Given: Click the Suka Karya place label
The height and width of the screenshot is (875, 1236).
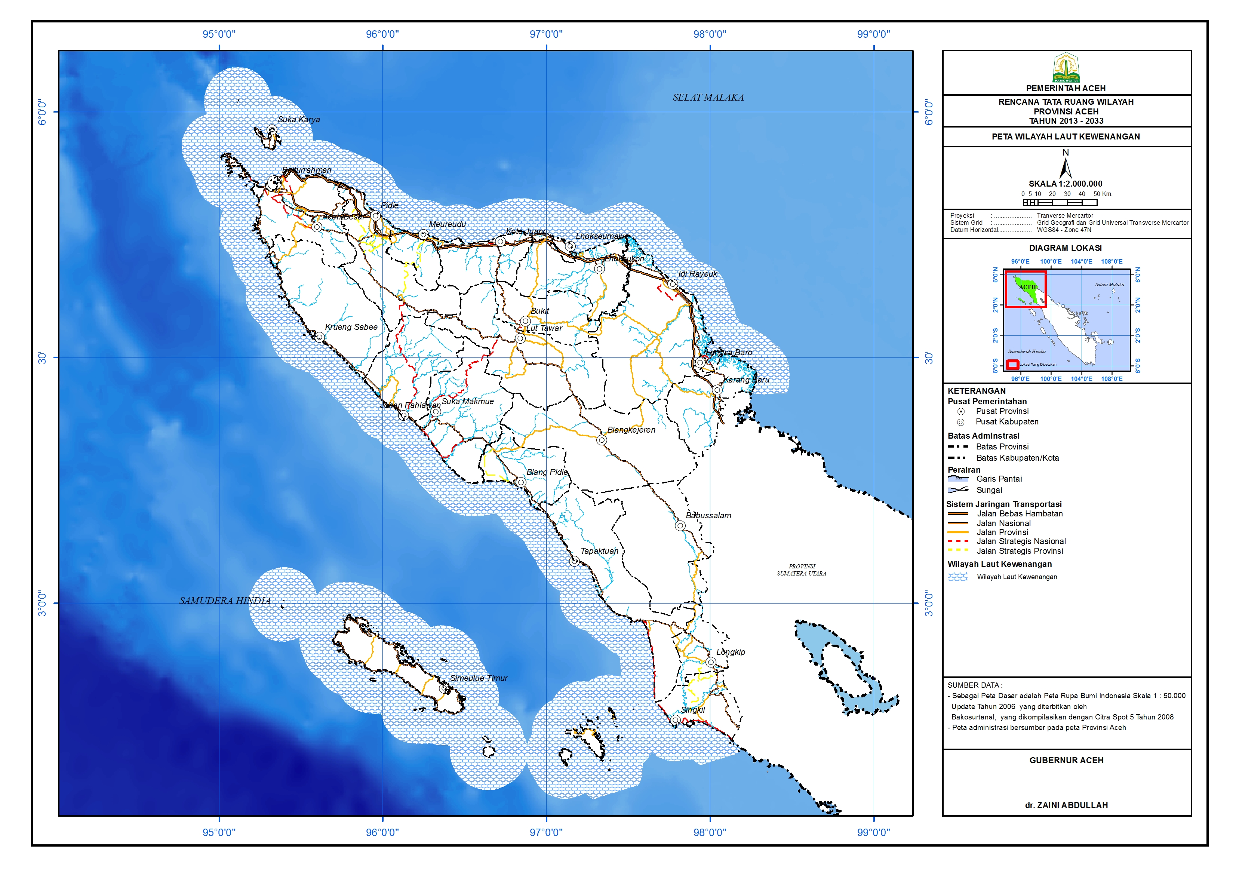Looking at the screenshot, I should tap(298, 120).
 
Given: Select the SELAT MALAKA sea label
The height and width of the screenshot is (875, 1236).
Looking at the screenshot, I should tap(708, 98).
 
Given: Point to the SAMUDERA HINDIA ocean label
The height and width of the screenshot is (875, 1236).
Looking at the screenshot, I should tap(225, 601).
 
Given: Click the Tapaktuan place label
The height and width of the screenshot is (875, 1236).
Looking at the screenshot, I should tap(599, 551).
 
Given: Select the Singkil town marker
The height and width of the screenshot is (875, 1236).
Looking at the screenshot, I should tap(675, 720).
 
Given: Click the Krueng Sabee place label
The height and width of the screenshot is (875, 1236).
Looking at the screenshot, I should tap(351, 327).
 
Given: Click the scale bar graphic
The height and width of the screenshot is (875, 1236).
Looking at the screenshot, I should tap(1060, 203).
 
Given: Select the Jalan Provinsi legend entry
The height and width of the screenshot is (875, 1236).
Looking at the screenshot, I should tap(1002, 532).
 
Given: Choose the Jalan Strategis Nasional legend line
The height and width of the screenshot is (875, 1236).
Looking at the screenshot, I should tap(958, 541).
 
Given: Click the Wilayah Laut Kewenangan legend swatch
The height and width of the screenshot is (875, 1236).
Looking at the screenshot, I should tap(957, 577).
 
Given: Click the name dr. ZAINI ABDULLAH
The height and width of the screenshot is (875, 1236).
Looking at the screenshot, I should tap(1066, 805).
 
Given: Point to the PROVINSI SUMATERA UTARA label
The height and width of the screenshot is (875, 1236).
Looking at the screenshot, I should tap(801, 570).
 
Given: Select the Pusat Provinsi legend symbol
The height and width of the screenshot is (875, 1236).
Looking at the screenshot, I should tap(961, 412).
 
